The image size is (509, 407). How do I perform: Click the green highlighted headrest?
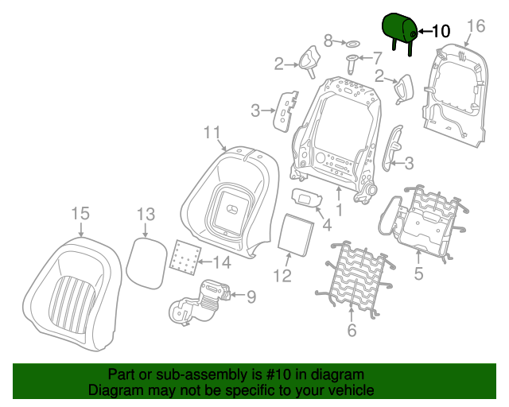(x=398, y=28)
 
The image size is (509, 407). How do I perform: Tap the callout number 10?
(x=441, y=31)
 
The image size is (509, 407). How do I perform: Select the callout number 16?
(x=476, y=26)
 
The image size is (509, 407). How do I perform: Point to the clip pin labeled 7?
(x=352, y=64)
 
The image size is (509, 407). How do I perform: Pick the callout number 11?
(x=212, y=133)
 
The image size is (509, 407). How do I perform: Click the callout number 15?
(x=80, y=214)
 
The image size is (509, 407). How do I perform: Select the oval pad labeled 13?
(x=146, y=264)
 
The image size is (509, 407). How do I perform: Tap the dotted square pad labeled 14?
(x=185, y=258)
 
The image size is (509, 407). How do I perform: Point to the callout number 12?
(x=282, y=276)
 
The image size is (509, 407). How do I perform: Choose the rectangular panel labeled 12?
(x=296, y=235)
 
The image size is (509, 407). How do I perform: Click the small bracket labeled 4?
(x=307, y=197)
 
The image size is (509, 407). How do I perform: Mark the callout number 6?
(x=352, y=331)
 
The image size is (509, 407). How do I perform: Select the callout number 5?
(x=419, y=273)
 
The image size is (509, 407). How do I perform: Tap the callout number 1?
(x=340, y=210)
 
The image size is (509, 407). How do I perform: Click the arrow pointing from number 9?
(x=238, y=295)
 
